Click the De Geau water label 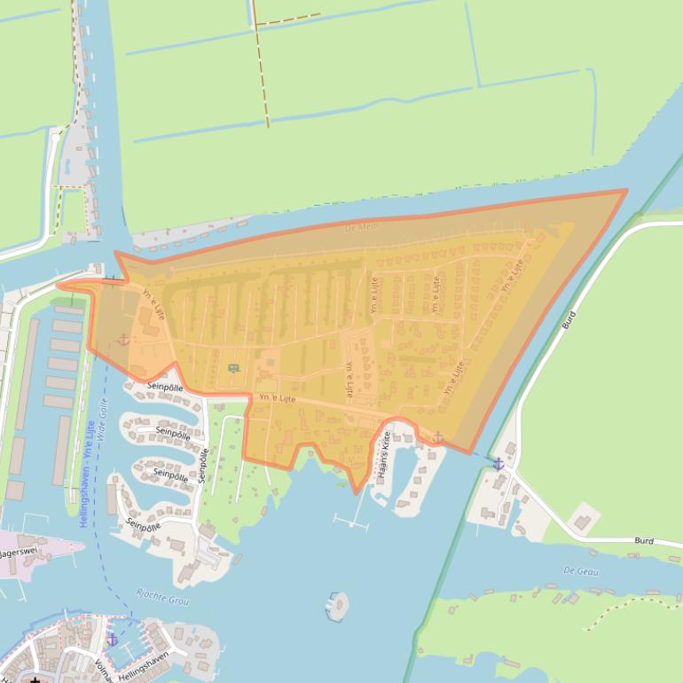click(x=581, y=571)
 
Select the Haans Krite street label click(x=385, y=456)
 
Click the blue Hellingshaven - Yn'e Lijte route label click(x=87, y=474)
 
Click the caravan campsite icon click(x=233, y=368)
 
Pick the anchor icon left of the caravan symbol click(x=122, y=340)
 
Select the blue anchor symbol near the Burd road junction click(x=499, y=464)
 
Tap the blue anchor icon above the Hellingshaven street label click(x=112, y=639)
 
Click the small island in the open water click(x=337, y=606)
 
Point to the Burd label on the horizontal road click(x=644, y=540)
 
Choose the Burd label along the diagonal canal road click(x=569, y=320)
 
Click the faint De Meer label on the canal click(x=362, y=227)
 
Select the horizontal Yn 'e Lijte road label click(x=277, y=399)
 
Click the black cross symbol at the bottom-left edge click(x=35, y=679)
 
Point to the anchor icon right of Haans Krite click(x=437, y=436)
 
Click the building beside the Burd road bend click(x=583, y=517)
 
